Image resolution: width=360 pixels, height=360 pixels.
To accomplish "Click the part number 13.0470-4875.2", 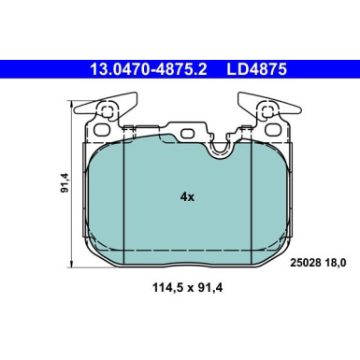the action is click(149, 69).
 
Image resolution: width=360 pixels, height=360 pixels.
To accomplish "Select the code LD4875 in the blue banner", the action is click(256, 69).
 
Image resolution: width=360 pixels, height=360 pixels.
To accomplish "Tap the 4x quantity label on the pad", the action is click(187, 196).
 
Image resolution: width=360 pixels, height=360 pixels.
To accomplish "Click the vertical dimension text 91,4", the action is click(65, 182).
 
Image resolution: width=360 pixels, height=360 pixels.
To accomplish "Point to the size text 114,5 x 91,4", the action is click(187, 287).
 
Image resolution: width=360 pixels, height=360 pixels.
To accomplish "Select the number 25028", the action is click(306, 263).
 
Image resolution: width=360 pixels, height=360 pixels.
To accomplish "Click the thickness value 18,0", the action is click(335, 263).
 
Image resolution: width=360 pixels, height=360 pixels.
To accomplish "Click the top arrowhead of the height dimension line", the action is click(73, 104).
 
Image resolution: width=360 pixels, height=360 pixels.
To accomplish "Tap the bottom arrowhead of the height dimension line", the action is click(73, 265).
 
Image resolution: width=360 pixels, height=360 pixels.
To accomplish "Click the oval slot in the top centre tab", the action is click(188, 134).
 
